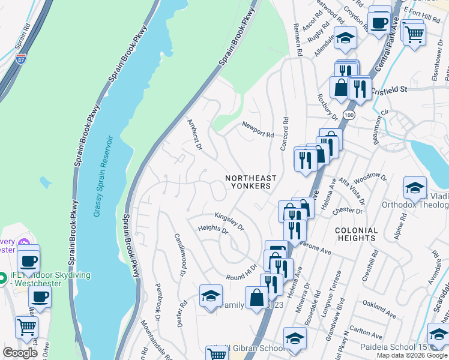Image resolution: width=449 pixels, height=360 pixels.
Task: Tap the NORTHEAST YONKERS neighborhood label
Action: pos(251,182)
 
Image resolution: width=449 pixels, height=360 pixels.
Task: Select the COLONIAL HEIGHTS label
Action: pos(357,234)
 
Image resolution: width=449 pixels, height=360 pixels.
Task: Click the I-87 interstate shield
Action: pos(22,59)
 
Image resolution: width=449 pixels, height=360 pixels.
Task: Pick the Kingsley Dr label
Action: pos(229,221)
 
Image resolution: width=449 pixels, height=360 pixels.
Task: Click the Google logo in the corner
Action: pos(20,353)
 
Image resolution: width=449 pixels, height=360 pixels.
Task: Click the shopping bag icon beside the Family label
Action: pos(256,297)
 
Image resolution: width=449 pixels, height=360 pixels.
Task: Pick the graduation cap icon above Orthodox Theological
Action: pos(415,188)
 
